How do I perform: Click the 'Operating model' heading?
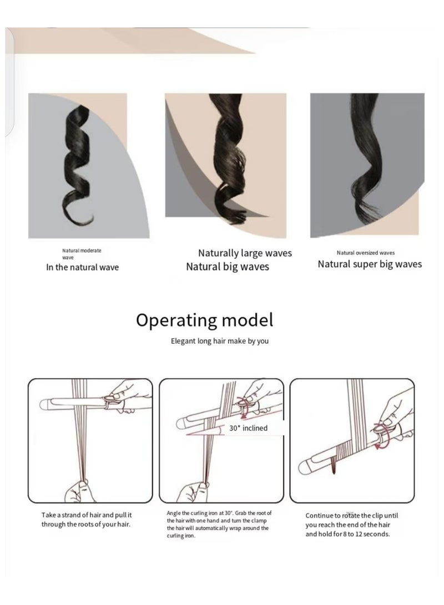pyautogui.click(x=204, y=321)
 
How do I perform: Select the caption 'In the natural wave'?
pyautogui.click(x=82, y=267)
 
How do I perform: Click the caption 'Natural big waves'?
pyautogui.click(x=228, y=267)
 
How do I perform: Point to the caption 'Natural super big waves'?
pyautogui.click(x=370, y=264)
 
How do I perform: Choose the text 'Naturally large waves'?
pyautogui.click(x=245, y=253)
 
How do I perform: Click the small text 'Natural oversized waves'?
pyautogui.click(x=365, y=252)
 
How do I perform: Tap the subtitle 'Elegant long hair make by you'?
pyautogui.click(x=220, y=341)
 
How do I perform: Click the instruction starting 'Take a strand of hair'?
pyautogui.click(x=86, y=520)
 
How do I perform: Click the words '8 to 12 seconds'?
pyautogui.click(x=364, y=535)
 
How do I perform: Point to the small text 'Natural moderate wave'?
pyautogui.click(x=80, y=254)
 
